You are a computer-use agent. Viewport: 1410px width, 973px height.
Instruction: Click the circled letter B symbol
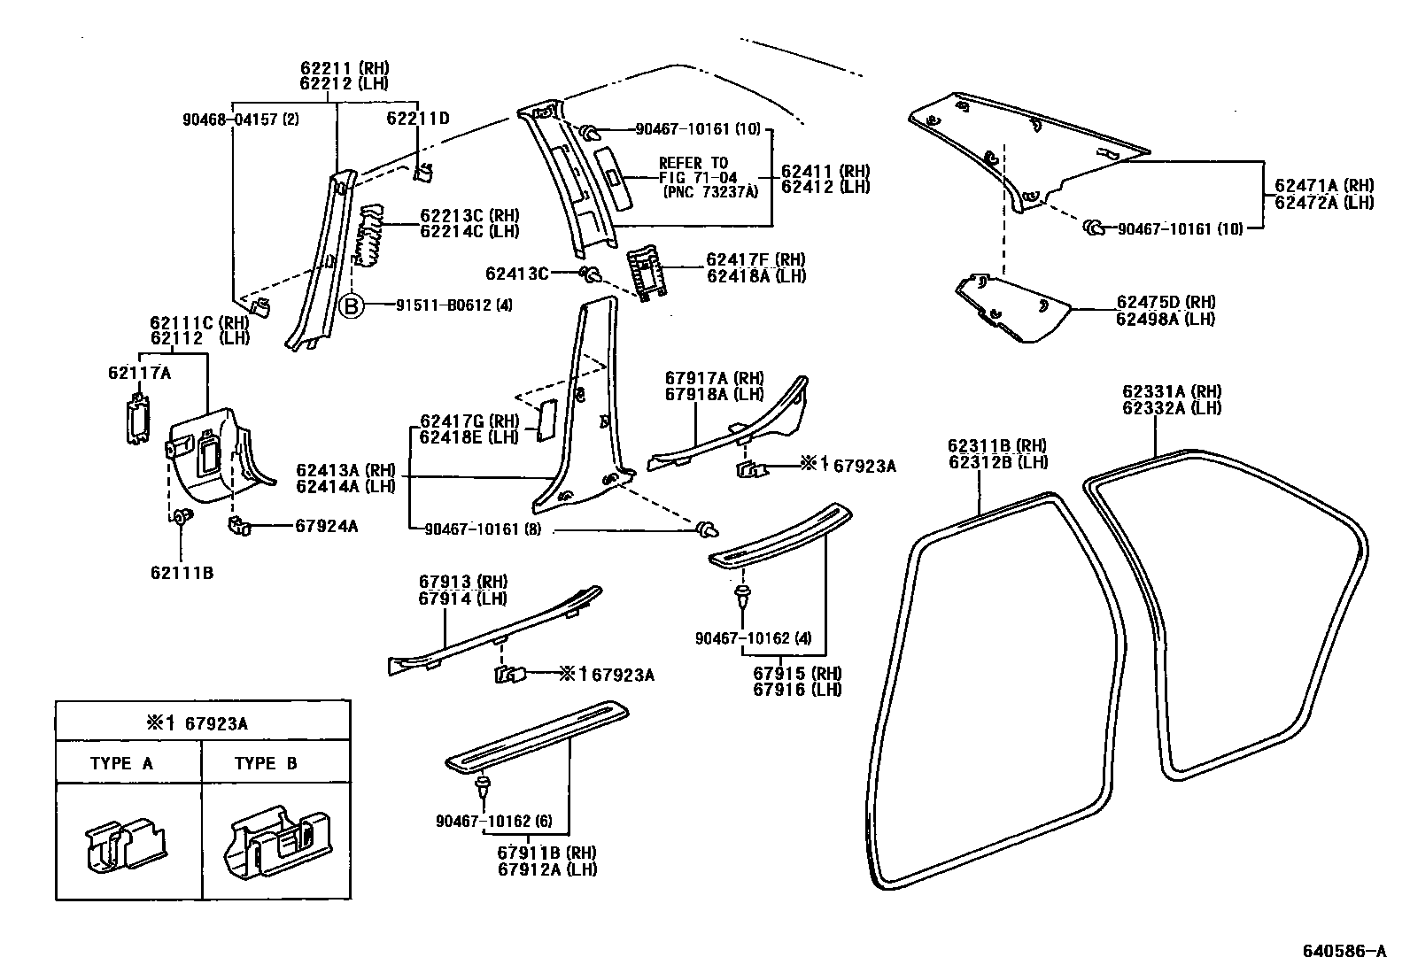(x=352, y=305)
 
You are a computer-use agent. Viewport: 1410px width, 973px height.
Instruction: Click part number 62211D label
(x=418, y=118)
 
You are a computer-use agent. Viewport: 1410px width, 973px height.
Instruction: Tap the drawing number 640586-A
(x=1343, y=952)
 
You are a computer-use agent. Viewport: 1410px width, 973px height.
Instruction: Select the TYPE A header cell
(x=121, y=763)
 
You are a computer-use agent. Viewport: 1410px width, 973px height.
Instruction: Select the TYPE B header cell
(x=266, y=763)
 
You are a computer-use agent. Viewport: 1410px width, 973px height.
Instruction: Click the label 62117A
(x=139, y=373)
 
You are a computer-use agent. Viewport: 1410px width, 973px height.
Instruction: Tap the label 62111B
(x=182, y=573)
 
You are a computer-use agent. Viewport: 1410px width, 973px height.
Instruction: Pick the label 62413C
(x=517, y=273)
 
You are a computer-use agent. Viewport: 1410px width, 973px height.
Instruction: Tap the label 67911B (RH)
(x=546, y=853)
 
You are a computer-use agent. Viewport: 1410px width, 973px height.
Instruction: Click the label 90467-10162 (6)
(x=493, y=822)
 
